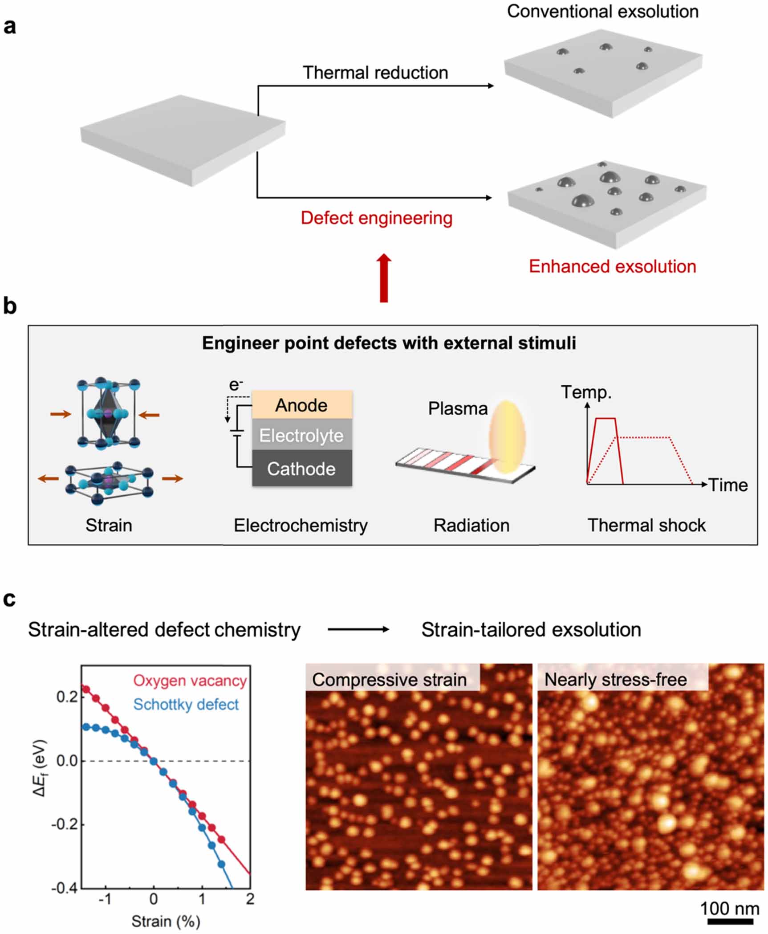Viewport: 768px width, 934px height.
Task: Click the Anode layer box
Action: (x=302, y=405)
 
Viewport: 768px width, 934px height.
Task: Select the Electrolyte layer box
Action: (x=302, y=435)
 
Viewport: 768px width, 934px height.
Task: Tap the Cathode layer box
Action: (x=302, y=469)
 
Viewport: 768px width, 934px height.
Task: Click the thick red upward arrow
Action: (x=384, y=278)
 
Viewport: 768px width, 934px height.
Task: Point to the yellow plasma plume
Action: (x=507, y=436)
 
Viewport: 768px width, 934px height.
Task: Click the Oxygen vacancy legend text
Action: (x=190, y=681)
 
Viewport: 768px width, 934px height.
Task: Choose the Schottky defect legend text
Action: (x=186, y=704)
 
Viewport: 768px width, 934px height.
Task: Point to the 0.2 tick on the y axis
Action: (x=67, y=696)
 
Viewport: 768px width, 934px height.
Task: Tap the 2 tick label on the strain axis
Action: (x=250, y=899)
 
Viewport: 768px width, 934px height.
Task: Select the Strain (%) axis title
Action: (x=166, y=921)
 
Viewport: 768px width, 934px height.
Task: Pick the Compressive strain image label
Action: (x=390, y=680)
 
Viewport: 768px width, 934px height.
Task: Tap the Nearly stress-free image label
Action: (x=616, y=680)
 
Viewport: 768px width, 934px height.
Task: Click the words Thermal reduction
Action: (x=375, y=73)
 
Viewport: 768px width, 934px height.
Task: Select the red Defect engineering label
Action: (x=377, y=218)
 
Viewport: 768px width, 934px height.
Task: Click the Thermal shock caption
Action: (x=647, y=526)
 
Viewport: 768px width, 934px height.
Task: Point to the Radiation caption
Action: (x=471, y=526)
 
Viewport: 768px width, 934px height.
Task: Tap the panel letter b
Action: (x=10, y=306)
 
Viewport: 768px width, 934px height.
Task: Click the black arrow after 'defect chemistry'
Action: (x=359, y=629)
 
